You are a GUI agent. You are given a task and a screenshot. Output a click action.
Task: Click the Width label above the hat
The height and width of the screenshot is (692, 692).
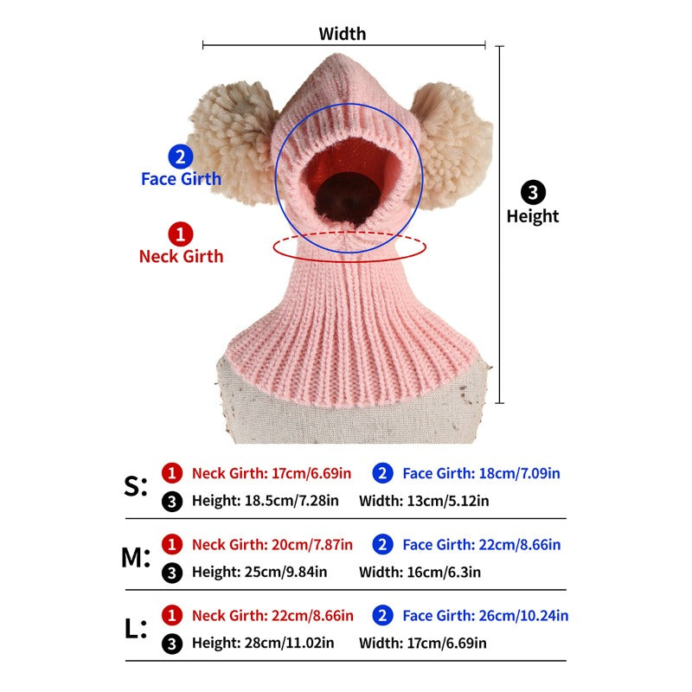coord(342,34)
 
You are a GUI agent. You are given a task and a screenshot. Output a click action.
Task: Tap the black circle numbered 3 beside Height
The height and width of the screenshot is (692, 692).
coord(533,192)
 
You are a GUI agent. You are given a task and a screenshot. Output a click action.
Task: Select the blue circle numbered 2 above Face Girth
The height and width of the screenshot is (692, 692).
coord(181,157)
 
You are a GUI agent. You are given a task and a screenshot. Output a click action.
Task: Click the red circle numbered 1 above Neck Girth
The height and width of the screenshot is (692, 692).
coord(181,234)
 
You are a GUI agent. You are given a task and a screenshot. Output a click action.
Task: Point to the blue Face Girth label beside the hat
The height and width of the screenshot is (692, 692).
coord(181,179)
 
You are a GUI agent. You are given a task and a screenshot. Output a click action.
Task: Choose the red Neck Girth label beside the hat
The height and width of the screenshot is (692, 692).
coord(181,256)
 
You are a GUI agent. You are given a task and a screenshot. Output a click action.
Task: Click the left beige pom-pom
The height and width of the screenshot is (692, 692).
coord(233,142)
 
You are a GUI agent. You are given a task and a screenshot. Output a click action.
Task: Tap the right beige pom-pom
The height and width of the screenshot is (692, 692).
coord(452,144)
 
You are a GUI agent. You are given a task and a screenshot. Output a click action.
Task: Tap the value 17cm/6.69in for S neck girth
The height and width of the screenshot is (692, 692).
coord(311,473)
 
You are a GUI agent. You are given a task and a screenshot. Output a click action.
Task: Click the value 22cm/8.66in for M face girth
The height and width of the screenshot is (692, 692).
coord(520,545)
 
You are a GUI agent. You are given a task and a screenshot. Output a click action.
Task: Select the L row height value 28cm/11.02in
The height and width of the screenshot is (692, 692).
coord(289,643)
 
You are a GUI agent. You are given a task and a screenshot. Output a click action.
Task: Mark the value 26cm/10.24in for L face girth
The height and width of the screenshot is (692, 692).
coord(524,616)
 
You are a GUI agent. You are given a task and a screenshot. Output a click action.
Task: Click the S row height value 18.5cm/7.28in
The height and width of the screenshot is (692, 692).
coord(292,501)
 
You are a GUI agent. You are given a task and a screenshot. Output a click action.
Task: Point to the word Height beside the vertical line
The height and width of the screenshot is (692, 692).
coord(533,216)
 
